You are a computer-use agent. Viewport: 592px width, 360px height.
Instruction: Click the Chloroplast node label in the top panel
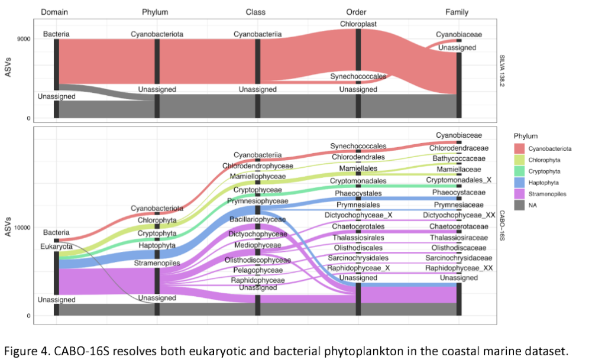point(358,24)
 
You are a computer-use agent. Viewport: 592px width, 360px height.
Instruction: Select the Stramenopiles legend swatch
point(519,193)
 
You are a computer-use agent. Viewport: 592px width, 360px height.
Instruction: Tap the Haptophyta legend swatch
point(519,181)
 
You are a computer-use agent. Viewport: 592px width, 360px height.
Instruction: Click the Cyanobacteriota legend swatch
point(519,148)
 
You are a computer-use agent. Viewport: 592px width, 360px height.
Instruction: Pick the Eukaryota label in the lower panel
point(57,246)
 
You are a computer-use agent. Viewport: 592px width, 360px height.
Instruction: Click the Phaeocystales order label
point(358,193)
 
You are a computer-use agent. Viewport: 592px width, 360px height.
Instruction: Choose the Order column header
point(358,11)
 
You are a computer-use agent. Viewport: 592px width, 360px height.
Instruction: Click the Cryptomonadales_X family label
point(459,180)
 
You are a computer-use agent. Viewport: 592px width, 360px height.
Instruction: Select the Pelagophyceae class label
point(257,270)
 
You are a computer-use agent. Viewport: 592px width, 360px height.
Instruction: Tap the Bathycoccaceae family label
point(459,158)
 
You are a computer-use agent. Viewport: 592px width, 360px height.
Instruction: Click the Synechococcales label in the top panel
point(358,76)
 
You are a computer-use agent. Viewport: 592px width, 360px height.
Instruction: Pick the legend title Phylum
point(526,136)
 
